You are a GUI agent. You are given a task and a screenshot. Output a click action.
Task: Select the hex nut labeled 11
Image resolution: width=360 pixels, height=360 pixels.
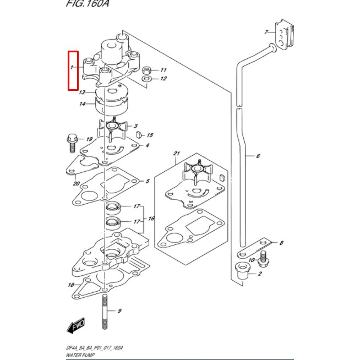point(147,70)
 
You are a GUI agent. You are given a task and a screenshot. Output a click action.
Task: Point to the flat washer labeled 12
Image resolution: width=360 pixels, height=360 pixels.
point(146,80)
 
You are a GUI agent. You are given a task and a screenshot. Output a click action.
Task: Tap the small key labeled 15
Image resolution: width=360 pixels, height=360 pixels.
point(139,134)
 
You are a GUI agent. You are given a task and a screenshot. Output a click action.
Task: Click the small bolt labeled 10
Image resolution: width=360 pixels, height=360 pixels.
point(263,257)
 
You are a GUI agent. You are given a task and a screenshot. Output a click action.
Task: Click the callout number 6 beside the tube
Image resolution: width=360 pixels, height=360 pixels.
point(258,156)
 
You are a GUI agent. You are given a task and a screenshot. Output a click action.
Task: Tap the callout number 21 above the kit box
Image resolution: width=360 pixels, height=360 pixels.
point(176,154)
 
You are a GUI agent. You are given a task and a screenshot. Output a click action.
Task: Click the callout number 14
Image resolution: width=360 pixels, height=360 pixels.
point(82,104)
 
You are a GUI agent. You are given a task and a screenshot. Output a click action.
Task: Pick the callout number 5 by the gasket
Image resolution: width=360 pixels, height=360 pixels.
point(148,181)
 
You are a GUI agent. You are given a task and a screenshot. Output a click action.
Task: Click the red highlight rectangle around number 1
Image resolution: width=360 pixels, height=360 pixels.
point(73,70)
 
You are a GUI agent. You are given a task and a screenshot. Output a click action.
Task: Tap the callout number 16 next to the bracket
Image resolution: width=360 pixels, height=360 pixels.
point(151,219)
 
